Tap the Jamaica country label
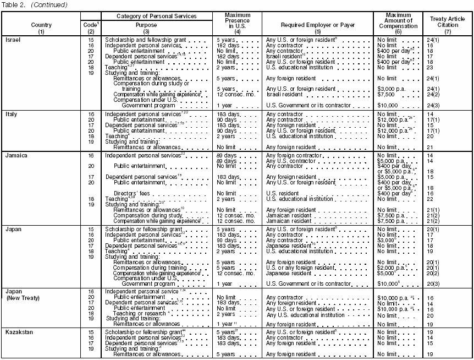(x=16, y=155)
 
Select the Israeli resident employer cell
(x=285, y=57)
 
